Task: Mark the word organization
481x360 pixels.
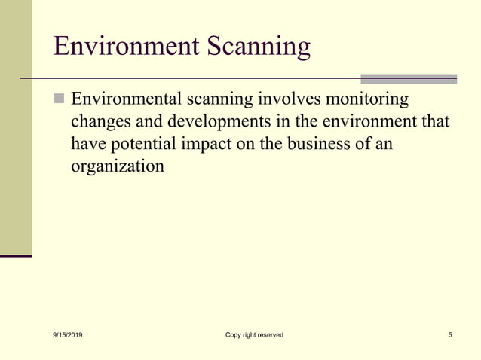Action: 117,166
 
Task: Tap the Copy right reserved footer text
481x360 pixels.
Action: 254,334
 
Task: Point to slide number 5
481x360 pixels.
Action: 450,334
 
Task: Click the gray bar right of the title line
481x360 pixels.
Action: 408,78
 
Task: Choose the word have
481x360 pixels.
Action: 87,143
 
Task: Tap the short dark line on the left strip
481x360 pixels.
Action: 16,256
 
